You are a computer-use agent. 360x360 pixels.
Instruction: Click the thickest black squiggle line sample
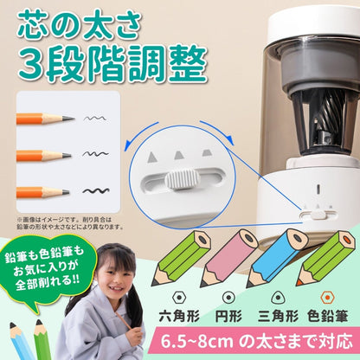coord(93,190)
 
